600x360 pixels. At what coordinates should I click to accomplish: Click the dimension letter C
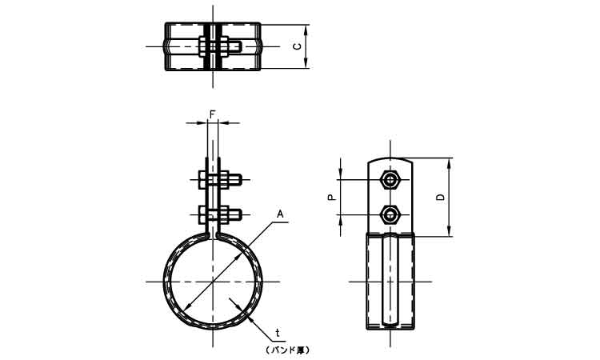click(297, 46)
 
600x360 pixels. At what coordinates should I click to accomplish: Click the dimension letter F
click(213, 114)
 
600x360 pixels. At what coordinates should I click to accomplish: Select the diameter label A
click(280, 214)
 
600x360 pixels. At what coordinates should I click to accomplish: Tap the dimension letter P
click(332, 198)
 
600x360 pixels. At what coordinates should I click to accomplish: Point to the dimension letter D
click(441, 198)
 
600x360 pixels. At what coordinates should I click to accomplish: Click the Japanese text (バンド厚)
click(286, 350)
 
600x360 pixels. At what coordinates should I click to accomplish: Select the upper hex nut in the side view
click(390, 180)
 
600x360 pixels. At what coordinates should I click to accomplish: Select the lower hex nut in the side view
click(390, 214)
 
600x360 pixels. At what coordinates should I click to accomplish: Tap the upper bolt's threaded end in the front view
click(235, 180)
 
